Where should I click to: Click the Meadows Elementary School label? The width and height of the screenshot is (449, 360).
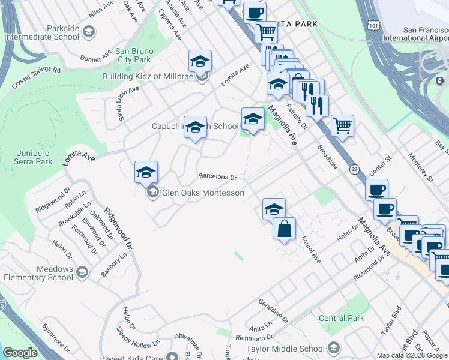(38, 273)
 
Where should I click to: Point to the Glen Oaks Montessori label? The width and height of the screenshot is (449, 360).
(203, 193)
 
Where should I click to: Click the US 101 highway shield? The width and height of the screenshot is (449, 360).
(375, 25)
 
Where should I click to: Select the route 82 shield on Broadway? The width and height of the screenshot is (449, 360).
(354, 170)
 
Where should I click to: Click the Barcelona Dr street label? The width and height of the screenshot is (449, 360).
(218, 177)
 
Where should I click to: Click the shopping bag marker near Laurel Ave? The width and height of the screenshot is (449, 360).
(285, 228)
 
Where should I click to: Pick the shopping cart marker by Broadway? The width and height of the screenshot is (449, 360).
(342, 126)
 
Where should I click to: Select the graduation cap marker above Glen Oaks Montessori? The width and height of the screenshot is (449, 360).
(146, 172)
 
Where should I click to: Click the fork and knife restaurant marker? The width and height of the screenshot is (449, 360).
(317, 106)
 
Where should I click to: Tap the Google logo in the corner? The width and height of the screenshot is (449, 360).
(19, 353)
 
